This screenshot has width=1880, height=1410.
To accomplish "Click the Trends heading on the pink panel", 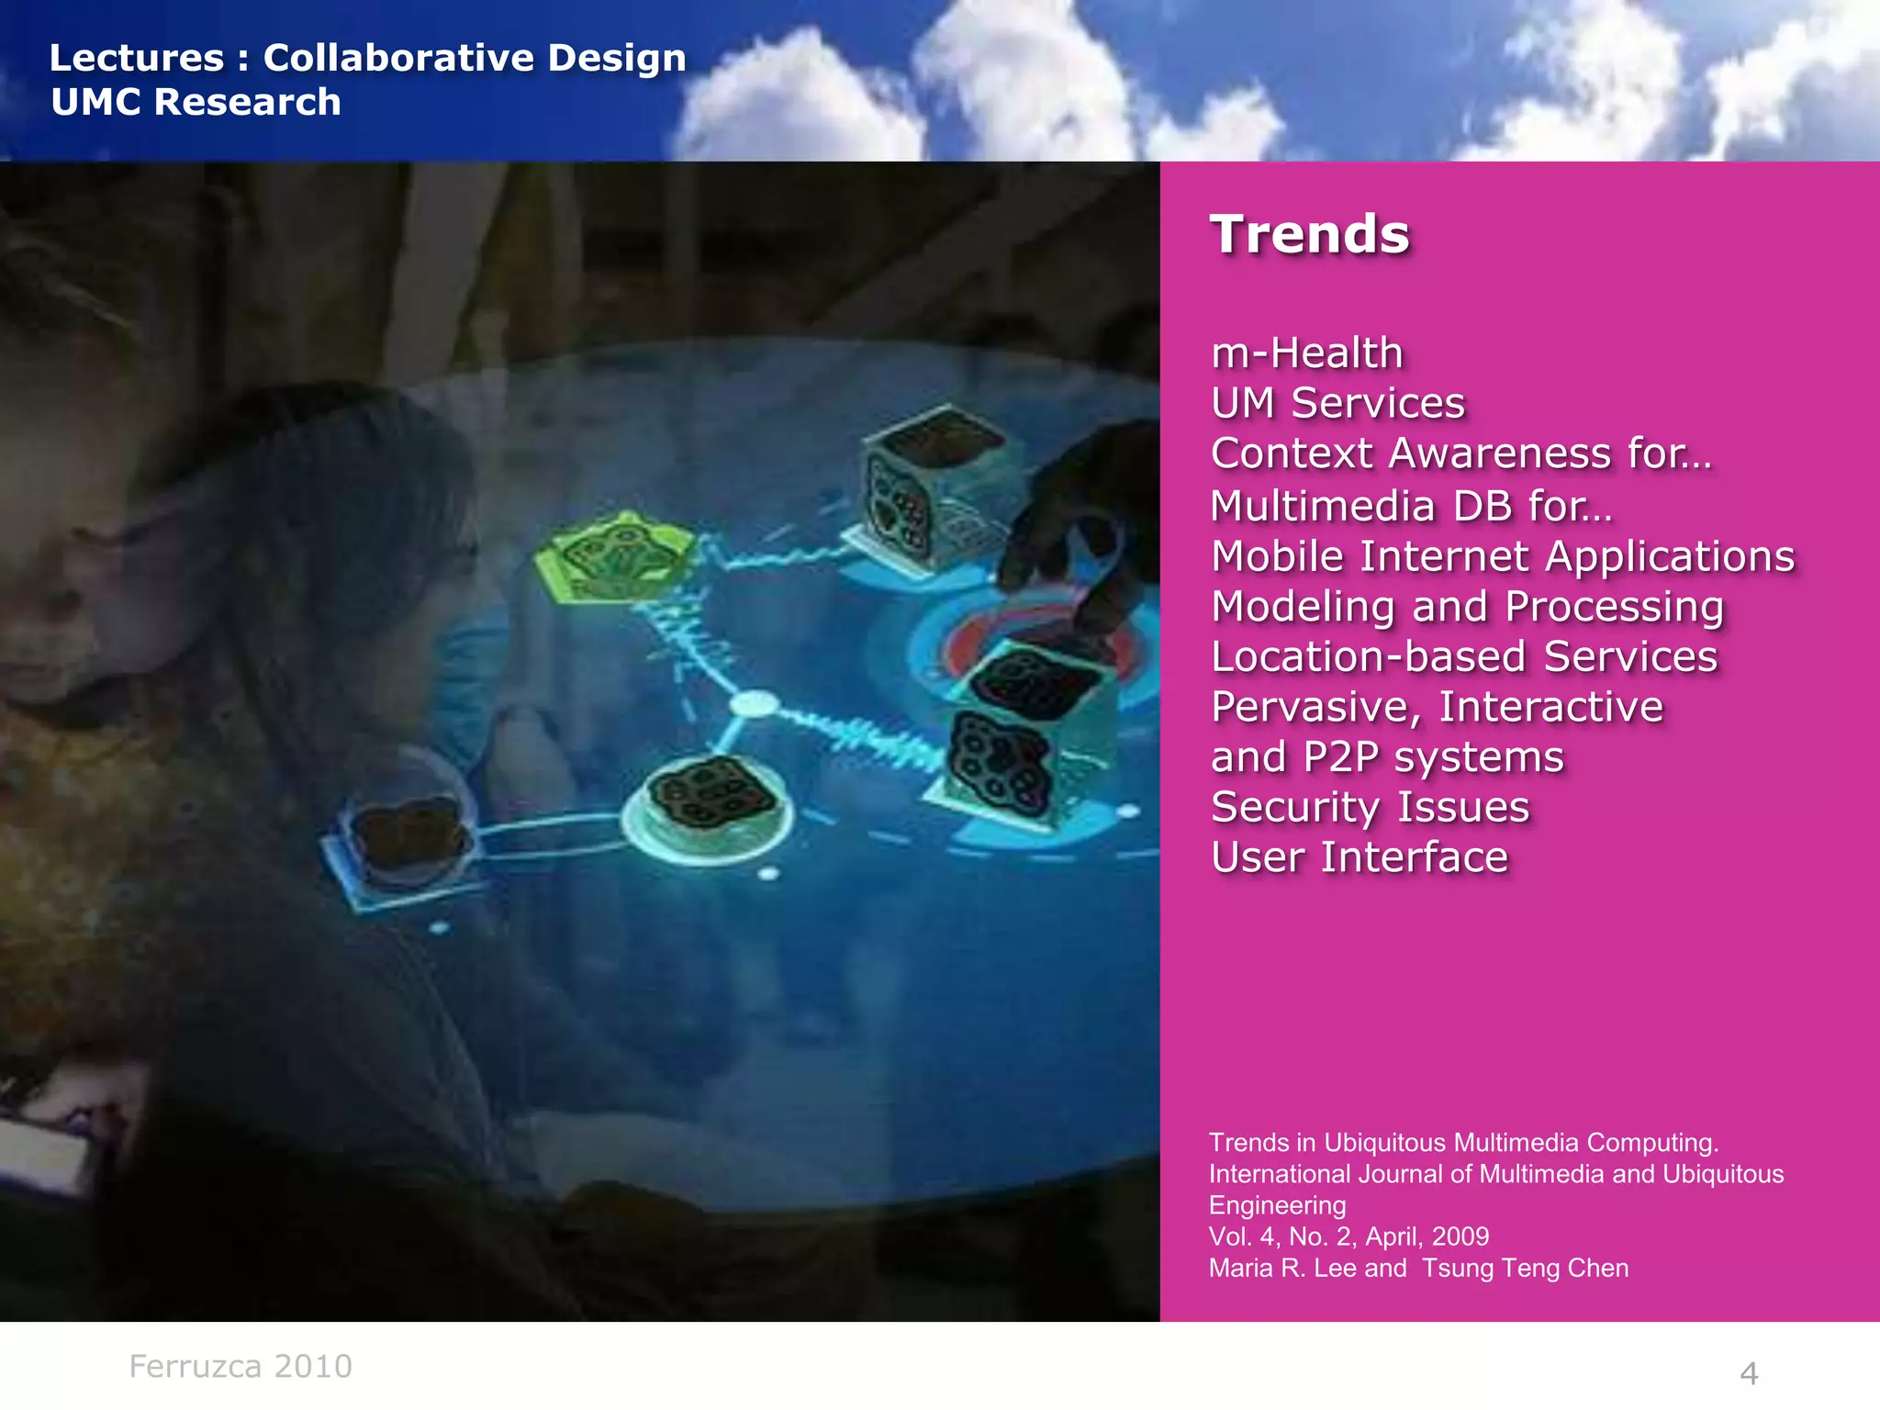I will click(x=1309, y=235).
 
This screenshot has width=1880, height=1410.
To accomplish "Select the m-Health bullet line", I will click(x=1306, y=353).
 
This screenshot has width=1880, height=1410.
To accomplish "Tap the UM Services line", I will click(x=1337, y=404).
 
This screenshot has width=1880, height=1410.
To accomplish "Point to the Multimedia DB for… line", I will click(x=1410, y=506).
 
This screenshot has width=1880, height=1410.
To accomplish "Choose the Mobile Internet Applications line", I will click(x=1502, y=556).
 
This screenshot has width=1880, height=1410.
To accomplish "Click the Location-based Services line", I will click(x=1463, y=657).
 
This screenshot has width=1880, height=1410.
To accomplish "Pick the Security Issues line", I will click(x=1370, y=808).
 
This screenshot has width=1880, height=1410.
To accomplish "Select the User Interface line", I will click(x=1359, y=858).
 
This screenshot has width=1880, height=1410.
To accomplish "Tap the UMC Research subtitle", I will click(x=196, y=102).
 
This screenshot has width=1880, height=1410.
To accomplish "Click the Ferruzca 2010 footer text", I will click(x=241, y=1367).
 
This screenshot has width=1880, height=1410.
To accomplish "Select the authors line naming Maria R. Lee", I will click(x=1418, y=1269).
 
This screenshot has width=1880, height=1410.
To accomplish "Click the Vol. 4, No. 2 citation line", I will click(x=1348, y=1237).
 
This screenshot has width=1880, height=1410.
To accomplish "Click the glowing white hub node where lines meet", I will click(x=754, y=705).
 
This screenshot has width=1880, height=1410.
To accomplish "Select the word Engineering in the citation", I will click(x=1277, y=1206).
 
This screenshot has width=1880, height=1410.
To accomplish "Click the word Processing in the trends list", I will click(x=1615, y=608).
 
